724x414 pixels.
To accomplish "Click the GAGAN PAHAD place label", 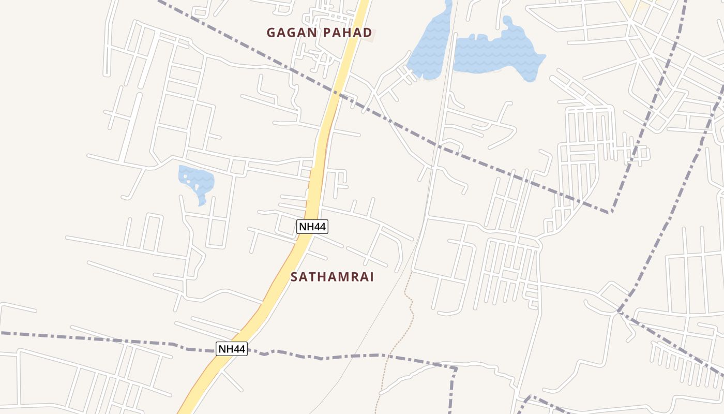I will (319, 33).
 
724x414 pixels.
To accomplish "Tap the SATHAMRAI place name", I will (332, 277).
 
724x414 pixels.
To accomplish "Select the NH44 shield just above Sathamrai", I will (312, 226).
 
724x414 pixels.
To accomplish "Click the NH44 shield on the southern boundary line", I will (231, 349).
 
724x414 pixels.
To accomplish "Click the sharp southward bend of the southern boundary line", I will (455, 369).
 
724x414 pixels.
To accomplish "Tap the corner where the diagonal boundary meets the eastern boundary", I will (611, 212).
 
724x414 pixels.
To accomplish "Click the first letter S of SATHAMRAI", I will (294, 277).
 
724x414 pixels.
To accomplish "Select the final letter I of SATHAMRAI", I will (371, 277).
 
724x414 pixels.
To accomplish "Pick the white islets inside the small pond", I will (192, 182).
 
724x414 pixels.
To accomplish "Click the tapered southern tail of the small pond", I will (202, 202).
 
